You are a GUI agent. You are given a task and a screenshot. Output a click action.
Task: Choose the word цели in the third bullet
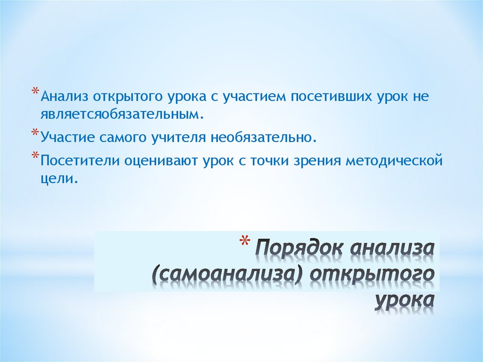pyautogui.click(x=57, y=178)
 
